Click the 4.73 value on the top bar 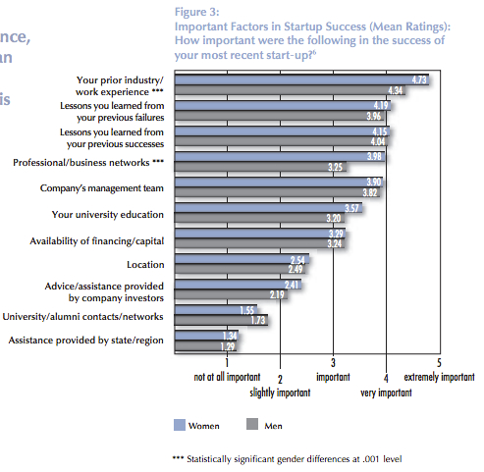pos(418,79)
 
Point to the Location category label pos(145,265)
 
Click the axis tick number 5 pos(438,361)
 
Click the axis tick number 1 pos(227,361)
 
